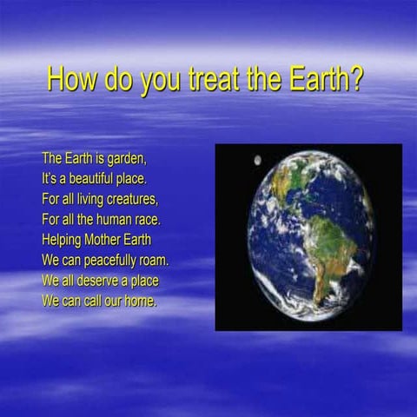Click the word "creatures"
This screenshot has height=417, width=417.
[136, 199]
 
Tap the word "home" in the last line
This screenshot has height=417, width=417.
[141, 301]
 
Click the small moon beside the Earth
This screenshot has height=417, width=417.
[257, 160]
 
